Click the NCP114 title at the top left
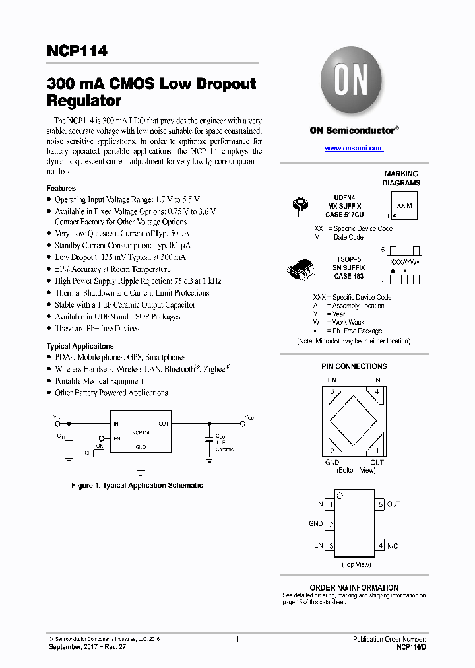point(77,51)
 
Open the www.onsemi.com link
point(354,149)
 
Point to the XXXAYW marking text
point(402,262)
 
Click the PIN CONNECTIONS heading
point(354,366)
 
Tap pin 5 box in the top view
point(379,504)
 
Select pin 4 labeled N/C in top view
point(379,546)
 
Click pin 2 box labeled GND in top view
point(331,525)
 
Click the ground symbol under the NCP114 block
point(140,471)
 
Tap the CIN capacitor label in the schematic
point(61,436)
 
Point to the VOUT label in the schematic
point(251,418)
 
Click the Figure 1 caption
point(137,485)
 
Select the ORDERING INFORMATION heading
point(354,587)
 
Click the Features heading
point(61,188)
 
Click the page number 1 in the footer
point(237,639)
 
